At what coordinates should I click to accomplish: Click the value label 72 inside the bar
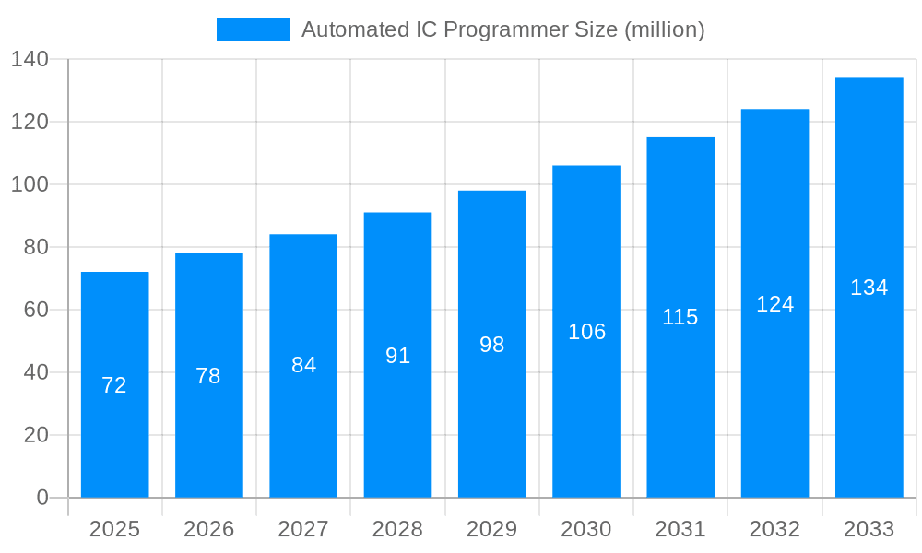click(114, 385)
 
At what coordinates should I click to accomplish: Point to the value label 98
click(492, 345)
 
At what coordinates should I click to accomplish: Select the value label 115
click(680, 317)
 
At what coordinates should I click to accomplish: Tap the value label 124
click(774, 304)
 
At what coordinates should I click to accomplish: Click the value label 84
click(303, 365)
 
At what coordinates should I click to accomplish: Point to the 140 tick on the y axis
click(30, 59)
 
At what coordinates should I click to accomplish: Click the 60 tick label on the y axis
click(36, 310)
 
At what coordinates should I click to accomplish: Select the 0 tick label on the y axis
click(42, 498)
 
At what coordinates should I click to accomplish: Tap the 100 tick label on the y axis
click(30, 184)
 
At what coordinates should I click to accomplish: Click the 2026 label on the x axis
click(209, 529)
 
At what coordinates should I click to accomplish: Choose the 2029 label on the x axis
click(492, 529)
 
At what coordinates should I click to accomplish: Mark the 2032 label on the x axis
click(774, 529)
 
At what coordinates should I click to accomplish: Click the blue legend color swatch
click(254, 29)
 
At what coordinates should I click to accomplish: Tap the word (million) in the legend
click(664, 29)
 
